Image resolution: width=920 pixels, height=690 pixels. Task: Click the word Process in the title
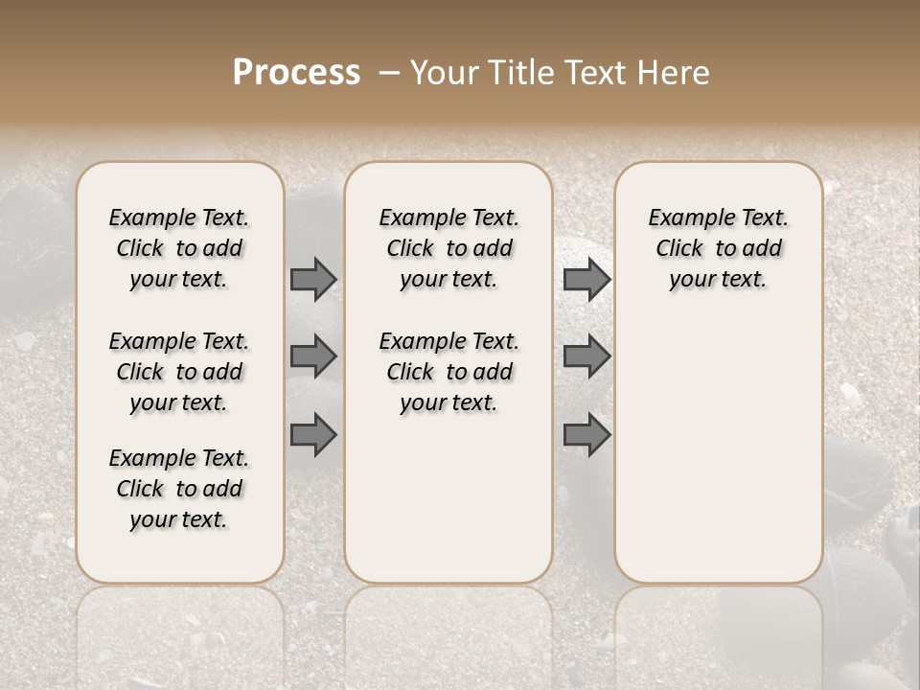(x=296, y=73)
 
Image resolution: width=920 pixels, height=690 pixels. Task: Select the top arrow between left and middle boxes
(x=313, y=279)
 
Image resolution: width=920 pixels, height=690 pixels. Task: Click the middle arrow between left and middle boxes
(x=313, y=356)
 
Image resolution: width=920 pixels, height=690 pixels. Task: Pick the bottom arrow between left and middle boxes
(x=313, y=434)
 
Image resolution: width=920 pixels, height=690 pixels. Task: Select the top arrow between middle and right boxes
(x=586, y=279)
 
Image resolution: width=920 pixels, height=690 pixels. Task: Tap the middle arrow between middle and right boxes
(x=586, y=356)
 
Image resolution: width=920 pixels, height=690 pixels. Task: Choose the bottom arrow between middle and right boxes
(x=586, y=434)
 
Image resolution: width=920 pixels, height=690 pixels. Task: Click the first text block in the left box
(x=179, y=248)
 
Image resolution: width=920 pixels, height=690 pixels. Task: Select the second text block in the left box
(x=179, y=372)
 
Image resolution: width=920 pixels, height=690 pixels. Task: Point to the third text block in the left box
(x=179, y=489)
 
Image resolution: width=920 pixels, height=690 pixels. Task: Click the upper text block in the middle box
(x=448, y=248)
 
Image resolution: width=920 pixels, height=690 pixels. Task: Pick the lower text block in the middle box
(x=448, y=372)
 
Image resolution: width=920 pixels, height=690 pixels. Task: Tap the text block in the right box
(x=718, y=248)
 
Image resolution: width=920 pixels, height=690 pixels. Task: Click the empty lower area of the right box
(x=718, y=450)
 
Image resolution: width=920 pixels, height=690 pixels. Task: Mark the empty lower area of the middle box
(x=448, y=498)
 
